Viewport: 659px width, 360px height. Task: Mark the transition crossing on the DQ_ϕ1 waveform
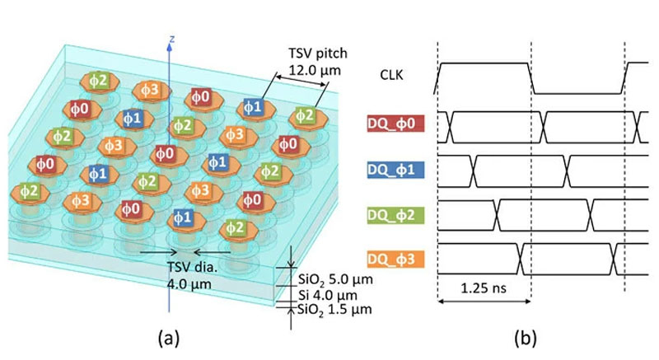[472, 170]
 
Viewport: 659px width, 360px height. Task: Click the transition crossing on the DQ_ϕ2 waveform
[497, 215]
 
